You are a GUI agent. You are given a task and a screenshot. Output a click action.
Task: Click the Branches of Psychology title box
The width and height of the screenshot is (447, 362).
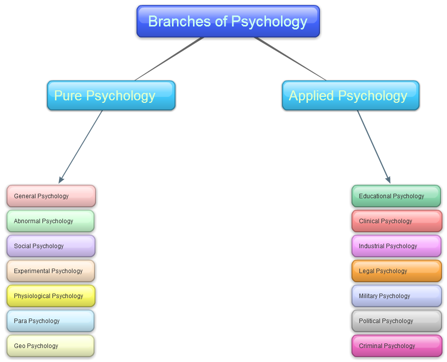pyautogui.click(x=228, y=21)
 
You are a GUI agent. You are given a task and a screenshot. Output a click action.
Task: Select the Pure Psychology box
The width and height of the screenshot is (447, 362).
pyautogui.click(x=111, y=95)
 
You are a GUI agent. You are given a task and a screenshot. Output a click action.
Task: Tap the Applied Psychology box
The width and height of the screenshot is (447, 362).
pyautogui.click(x=350, y=95)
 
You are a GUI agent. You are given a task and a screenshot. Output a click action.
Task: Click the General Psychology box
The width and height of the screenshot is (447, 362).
pyautogui.click(x=51, y=196)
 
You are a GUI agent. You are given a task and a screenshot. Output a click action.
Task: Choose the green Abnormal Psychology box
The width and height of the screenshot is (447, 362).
pyautogui.click(x=50, y=221)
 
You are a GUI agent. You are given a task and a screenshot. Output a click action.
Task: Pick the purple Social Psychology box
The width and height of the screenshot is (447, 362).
pyautogui.click(x=50, y=246)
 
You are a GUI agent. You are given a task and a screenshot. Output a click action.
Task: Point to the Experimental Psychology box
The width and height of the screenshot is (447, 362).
pyautogui.click(x=50, y=271)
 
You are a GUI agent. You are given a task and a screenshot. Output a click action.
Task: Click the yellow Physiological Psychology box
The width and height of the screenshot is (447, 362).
pyautogui.click(x=50, y=296)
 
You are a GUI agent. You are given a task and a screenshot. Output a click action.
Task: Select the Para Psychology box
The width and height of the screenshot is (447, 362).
pyautogui.click(x=50, y=321)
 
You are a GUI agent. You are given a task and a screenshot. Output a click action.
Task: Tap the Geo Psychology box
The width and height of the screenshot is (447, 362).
pyautogui.click(x=50, y=346)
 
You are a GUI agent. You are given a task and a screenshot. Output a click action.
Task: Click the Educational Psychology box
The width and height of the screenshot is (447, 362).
pyautogui.click(x=396, y=196)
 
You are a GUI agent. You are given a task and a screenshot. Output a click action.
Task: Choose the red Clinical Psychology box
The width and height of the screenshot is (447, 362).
pyautogui.click(x=396, y=221)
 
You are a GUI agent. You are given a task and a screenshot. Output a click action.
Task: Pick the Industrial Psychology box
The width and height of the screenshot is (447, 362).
pyautogui.click(x=396, y=246)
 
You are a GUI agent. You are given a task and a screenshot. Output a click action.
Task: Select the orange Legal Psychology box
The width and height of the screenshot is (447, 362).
pyautogui.click(x=396, y=271)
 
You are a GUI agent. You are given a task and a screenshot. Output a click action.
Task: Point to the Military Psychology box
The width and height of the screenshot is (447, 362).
pyautogui.click(x=396, y=296)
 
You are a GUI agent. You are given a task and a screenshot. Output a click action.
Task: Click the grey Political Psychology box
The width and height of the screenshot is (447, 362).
pyautogui.click(x=396, y=321)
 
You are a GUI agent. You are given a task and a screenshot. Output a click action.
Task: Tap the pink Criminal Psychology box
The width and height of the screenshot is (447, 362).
pyautogui.click(x=396, y=346)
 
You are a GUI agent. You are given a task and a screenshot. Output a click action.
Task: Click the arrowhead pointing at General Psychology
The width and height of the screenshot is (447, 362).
pyautogui.click(x=61, y=180)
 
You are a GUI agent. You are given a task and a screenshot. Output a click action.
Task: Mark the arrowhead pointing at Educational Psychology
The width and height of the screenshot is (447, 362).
pyautogui.click(x=387, y=180)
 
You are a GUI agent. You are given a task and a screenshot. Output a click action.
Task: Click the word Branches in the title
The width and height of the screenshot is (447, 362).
pyautogui.click(x=172, y=21)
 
